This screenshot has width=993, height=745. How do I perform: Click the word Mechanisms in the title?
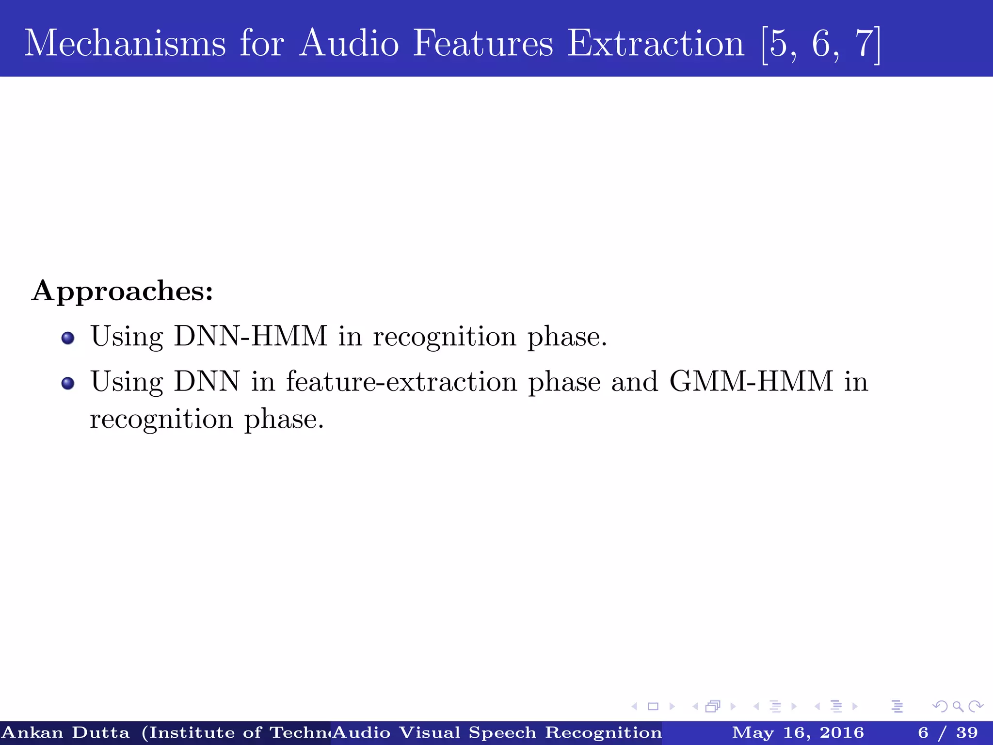coord(125,44)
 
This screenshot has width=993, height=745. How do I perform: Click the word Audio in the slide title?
coord(349,44)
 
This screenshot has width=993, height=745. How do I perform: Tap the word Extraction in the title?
coord(656,44)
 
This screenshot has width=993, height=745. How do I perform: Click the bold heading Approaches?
coord(122,291)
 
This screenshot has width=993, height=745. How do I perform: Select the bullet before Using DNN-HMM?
coord(68,338)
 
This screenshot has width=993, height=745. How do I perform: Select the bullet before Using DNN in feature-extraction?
coord(68,383)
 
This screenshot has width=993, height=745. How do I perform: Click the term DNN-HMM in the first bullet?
coord(251,336)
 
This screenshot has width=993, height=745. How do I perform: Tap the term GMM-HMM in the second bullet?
coord(751,381)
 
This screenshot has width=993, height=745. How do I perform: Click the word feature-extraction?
coord(401,381)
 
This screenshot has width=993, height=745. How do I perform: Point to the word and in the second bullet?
coord(635,381)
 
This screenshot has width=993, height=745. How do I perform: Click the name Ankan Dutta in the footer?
coord(66,732)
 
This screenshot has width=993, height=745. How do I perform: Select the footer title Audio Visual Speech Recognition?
coord(497,732)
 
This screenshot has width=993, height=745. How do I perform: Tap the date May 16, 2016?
coord(798,732)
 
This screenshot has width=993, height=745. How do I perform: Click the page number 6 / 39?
coord(947,732)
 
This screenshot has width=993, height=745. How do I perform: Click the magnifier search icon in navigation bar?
coord(958,707)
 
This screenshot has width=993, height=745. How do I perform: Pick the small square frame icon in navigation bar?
coord(653,707)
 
